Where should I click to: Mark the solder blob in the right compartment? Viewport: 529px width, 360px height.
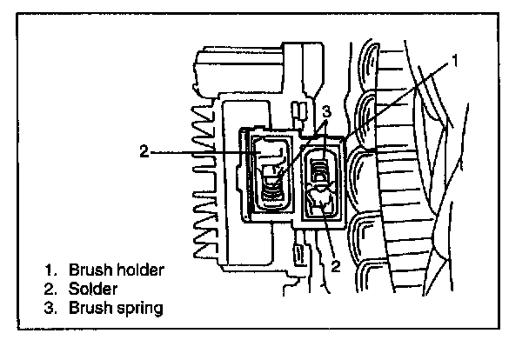pos(321,202)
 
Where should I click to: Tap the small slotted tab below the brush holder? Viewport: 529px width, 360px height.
pos(300,256)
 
